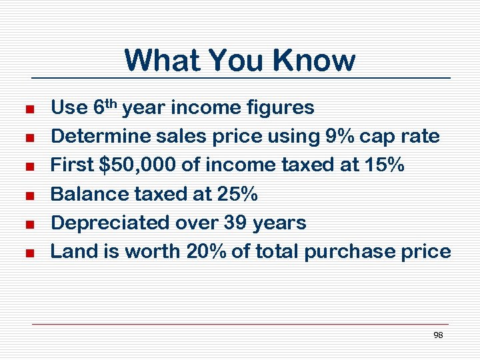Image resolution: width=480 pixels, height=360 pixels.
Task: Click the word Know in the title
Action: pos(315,60)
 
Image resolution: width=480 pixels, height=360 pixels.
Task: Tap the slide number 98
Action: pos(438,335)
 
